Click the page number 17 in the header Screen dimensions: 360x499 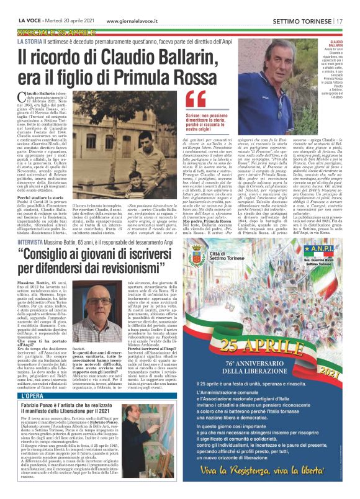pos(351,5)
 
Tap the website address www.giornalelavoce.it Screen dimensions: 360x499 pos(134,5)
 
